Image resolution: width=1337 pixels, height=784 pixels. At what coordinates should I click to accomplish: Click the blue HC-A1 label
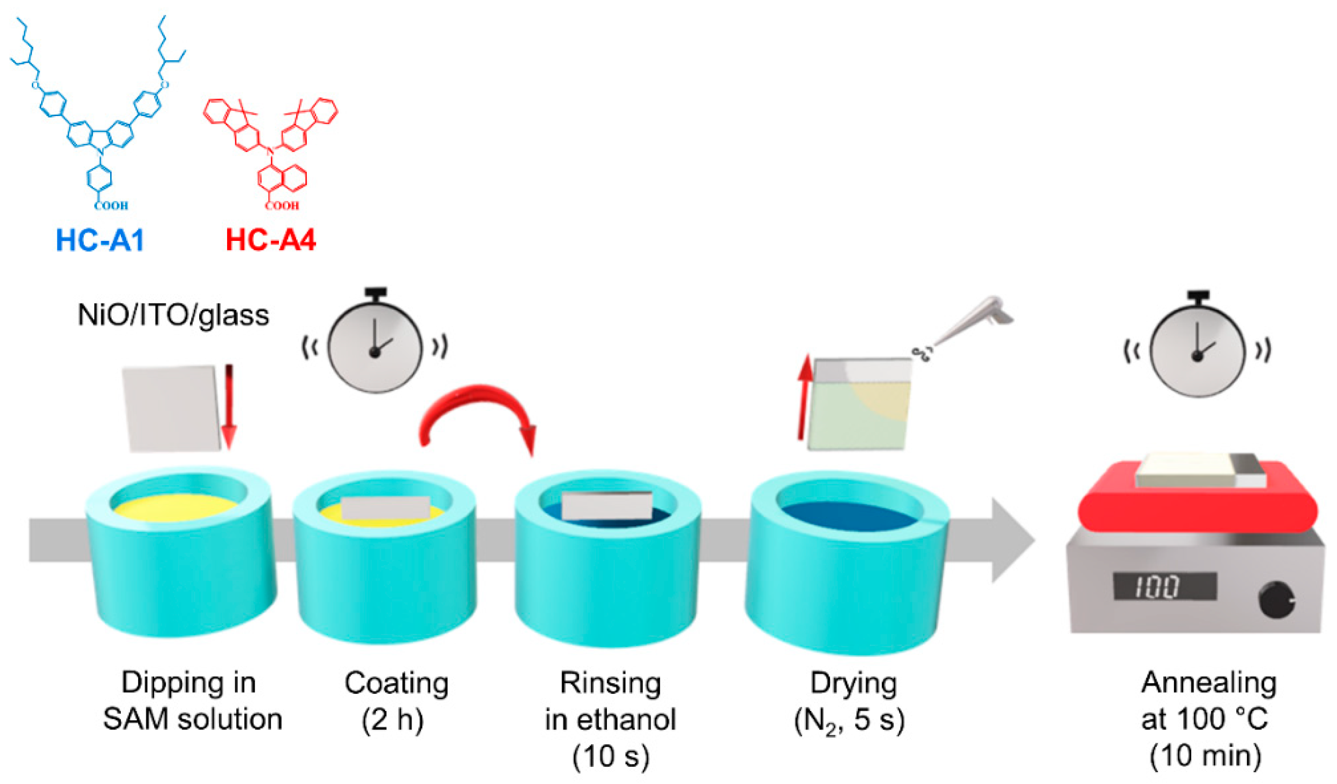(x=100, y=240)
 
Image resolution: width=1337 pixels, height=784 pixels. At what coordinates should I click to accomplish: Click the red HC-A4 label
(x=271, y=240)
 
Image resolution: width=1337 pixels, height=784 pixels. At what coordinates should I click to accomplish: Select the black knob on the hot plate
(x=1276, y=600)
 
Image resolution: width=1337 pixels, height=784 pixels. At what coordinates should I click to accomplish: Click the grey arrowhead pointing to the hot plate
(x=1011, y=540)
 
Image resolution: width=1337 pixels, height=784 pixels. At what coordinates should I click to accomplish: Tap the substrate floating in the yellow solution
(x=385, y=508)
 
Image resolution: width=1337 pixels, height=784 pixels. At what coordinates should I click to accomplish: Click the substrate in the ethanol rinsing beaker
(x=607, y=505)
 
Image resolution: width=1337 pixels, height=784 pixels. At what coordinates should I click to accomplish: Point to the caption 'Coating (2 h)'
(x=396, y=702)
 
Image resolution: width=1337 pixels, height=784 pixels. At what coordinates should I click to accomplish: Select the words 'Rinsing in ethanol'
(x=610, y=702)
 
